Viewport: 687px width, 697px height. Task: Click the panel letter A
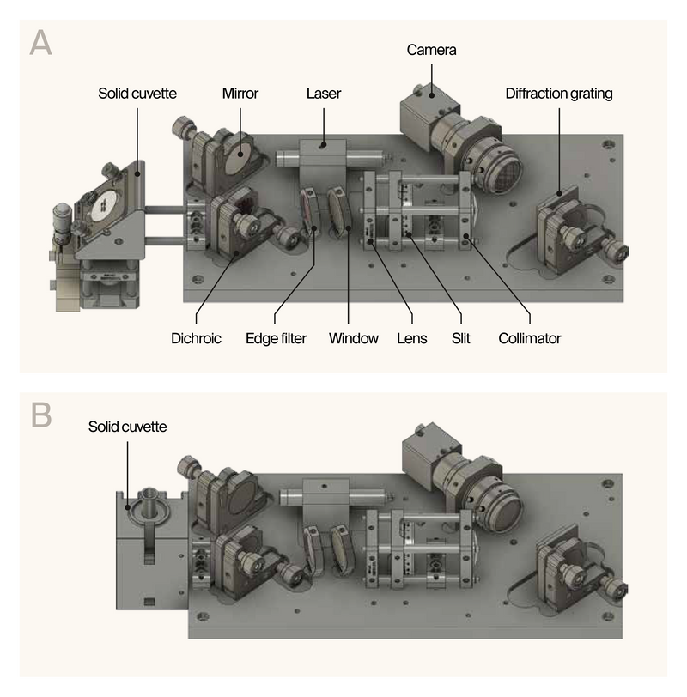tap(40, 42)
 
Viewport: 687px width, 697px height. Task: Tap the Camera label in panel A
tap(431, 51)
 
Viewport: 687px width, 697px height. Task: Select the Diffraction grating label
tap(559, 94)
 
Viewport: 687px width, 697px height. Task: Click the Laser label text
tap(324, 94)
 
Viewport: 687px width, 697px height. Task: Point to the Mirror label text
tap(240, 94)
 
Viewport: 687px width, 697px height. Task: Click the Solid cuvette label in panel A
tap(137, 94)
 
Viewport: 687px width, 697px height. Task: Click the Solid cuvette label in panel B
tap(127, 427)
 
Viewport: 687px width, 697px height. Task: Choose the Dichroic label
tap(196, 338)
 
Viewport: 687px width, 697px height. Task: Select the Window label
tap(353, 338)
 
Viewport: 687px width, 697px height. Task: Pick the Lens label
tap(412, 338)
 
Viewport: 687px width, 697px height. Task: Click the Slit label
tap(460, 338)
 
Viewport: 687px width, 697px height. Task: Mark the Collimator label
tap(529, 338)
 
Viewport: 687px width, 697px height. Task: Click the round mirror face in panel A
tap(240, 155)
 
